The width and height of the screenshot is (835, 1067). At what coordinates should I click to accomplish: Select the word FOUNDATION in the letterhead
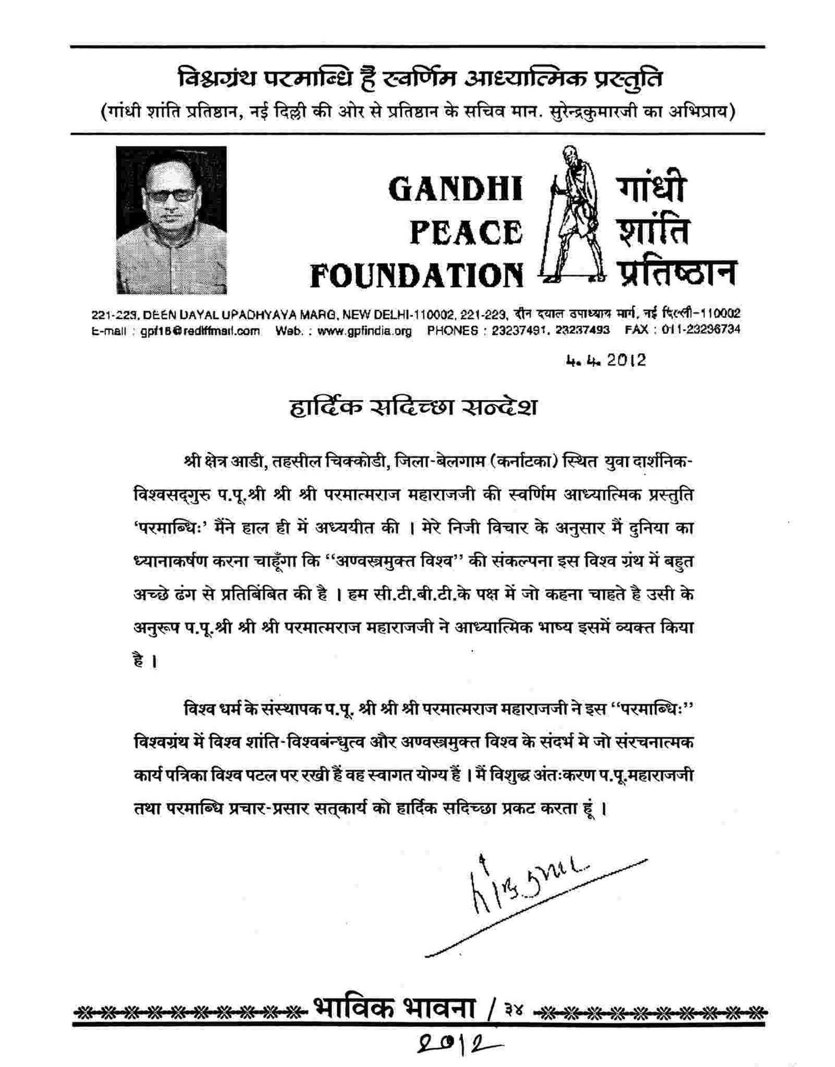pyautogui.click(x=416, y=275)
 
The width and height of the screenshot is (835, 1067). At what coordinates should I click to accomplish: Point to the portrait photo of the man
pyautogui.click(x=171, y=220)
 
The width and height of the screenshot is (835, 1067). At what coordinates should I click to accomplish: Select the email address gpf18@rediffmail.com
pyautogui.click(x=200, y=331)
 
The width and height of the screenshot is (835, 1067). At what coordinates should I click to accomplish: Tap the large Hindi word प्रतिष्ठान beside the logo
pyautogui.click(x=677, y=274)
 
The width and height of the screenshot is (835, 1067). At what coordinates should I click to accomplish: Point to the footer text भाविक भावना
pyautogui.click(x=394, y=1010)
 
